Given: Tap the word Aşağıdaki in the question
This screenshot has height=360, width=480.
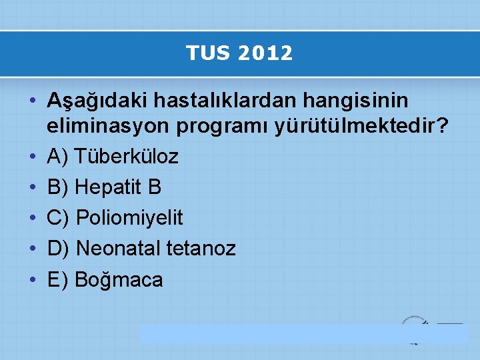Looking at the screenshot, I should point(98,101).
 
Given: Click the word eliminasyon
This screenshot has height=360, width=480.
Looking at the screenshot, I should point(113,125).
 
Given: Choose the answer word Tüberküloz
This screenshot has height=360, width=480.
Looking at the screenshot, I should point(127,157).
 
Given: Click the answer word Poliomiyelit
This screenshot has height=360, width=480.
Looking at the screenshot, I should point(130,218).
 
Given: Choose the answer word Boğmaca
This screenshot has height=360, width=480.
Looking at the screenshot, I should point(119,280).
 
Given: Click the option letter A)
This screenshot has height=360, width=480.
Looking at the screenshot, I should point(58,157).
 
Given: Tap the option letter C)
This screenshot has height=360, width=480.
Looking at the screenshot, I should point(59,218).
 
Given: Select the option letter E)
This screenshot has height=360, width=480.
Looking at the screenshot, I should point(58,280).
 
